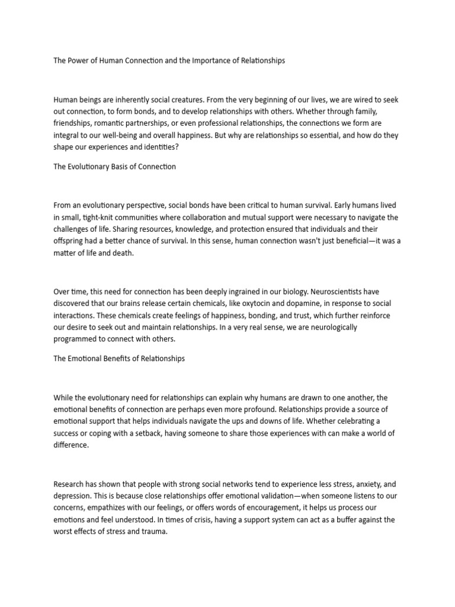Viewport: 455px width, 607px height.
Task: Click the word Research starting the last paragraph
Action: pos(71,484)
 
